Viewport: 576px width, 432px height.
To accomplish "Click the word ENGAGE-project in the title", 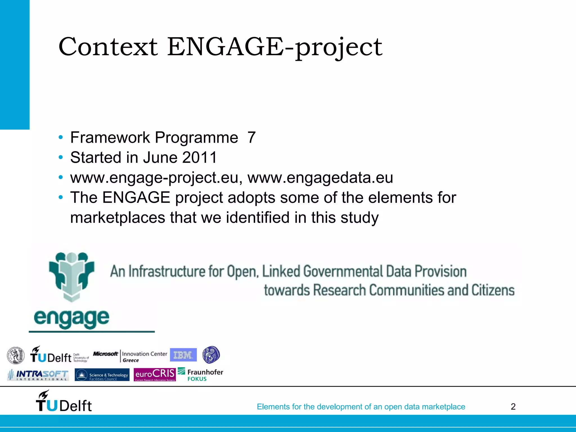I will pos(274,47).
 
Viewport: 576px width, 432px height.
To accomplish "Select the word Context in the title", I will pos(108,47).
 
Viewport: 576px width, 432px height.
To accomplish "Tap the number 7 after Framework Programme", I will pos(251,138).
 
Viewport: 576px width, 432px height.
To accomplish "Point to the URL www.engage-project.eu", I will pos(154,178).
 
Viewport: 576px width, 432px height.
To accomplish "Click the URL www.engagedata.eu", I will pos(320,178).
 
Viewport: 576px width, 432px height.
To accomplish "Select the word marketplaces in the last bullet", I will pos(118,218).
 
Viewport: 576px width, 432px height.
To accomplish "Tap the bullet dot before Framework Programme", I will pos(60,138).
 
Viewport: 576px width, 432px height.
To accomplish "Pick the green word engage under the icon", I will pos(71,318).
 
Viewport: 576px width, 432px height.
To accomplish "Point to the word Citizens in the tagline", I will pos(493,290).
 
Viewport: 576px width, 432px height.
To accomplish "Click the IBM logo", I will pos(183,355).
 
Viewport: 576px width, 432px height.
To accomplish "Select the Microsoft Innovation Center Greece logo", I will pos(130,356).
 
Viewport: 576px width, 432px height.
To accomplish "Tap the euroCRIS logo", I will pos(155,375).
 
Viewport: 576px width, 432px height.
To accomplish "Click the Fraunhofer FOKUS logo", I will pos(200,375).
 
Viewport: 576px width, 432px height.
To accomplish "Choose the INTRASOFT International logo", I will pos(38,375).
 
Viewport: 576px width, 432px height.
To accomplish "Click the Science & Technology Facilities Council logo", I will pos(102,375).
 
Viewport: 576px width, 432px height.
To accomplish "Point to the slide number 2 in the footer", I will pos(513,407).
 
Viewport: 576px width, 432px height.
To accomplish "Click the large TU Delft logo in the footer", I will pos(64,402).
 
